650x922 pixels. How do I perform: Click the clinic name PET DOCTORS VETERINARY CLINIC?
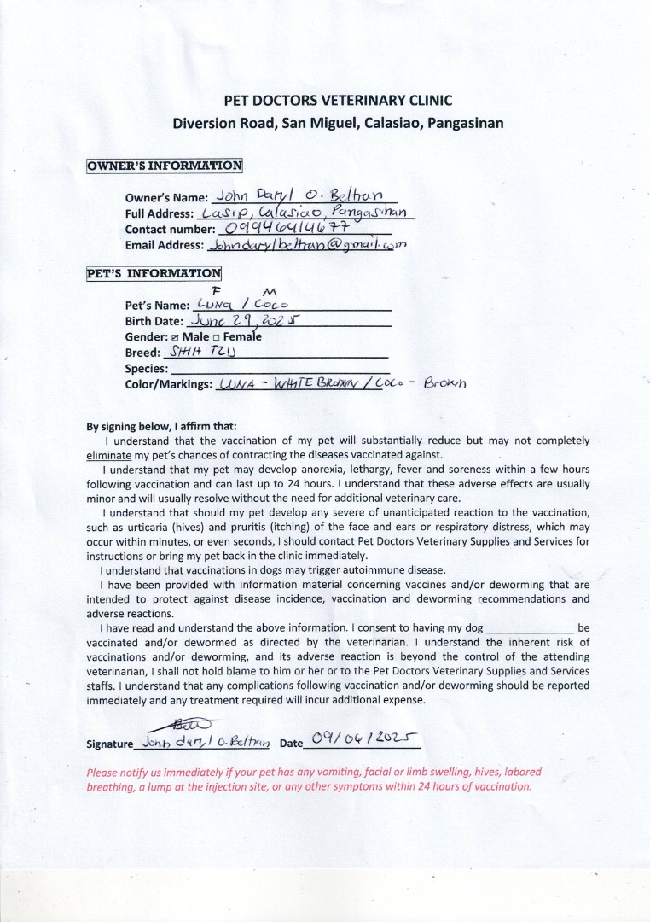(338, 100)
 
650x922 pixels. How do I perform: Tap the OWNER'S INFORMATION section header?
(165, 166)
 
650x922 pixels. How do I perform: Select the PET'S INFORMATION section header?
(154, 274)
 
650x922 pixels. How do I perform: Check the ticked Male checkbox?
(176, 337)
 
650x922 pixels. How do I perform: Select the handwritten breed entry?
(199, 353)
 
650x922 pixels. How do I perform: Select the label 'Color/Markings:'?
(168, 385)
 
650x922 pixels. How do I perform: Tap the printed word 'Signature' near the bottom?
(110, 744)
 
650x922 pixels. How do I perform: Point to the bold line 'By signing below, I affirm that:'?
(162, 426)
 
